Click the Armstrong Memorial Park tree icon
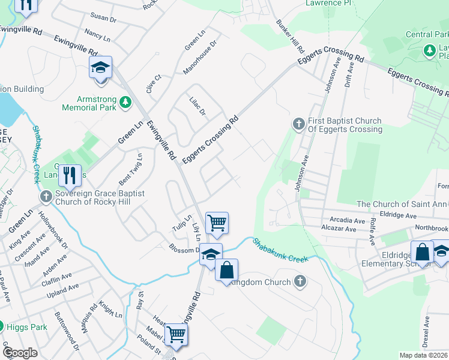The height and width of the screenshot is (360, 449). coord(125,103)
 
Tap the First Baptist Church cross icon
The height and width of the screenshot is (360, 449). coord(298,124)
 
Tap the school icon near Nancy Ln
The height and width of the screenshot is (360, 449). coord(101,68)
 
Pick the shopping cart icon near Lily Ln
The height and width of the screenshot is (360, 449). coord(217,223)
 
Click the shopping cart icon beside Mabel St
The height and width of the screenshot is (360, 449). coord(176,334)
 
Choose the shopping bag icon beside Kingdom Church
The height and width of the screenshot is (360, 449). coord(226,270)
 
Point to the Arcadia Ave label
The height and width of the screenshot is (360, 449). coord(342,221)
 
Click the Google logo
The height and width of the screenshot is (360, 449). coord(20,353)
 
